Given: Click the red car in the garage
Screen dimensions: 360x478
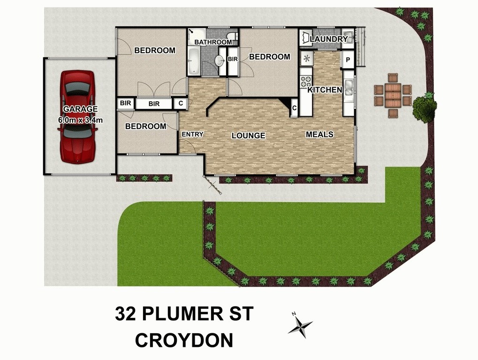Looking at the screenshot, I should [x=77, y=116].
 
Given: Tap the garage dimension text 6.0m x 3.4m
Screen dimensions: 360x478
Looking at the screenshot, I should [x=80, y=119].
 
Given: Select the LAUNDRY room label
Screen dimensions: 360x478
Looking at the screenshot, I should [x=329, y=39].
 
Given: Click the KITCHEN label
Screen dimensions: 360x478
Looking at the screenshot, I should [x=325, y=90].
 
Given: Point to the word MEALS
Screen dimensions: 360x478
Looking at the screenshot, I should [x=319, y=135].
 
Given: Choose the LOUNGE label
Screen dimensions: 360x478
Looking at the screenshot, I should [x=248, y=136].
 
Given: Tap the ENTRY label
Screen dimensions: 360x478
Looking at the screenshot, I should [x=192, y=135].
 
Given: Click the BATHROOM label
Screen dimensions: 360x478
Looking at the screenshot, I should [x=213, y=42].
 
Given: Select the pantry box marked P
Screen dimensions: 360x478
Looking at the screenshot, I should [x=348, y=60].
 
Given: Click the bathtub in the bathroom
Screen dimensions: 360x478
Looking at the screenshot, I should [x=193, y=61].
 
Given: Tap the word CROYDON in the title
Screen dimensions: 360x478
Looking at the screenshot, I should [x=184, y=340].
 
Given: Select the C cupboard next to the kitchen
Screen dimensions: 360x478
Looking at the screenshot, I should [x=294, y=108].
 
